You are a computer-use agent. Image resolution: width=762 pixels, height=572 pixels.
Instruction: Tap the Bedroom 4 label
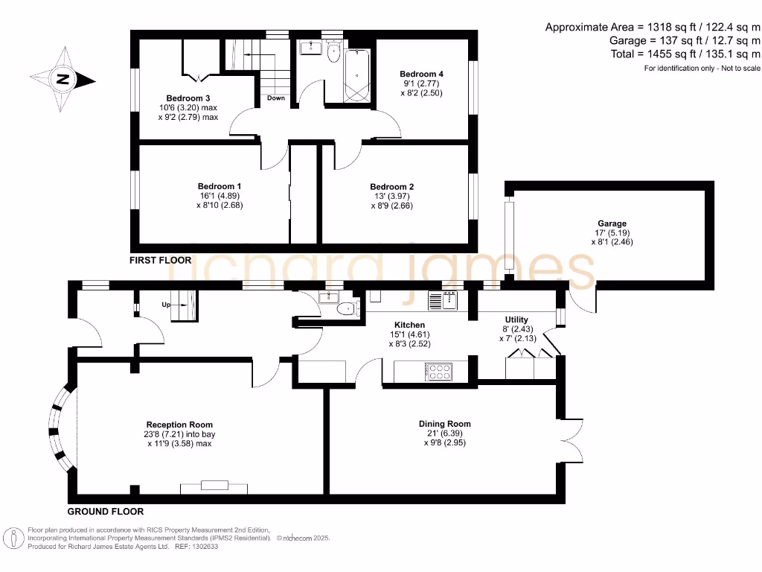point(421,74)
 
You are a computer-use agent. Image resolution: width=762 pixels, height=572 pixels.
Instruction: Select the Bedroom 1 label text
point(219,186)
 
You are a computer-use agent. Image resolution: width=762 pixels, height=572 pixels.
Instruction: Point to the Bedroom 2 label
point(391,187)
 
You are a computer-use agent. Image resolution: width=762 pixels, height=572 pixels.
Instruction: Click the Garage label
point(612,223)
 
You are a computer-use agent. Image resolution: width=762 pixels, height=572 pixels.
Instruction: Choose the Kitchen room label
point(409,325)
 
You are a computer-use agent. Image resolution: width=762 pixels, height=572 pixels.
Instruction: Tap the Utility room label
point(516,320)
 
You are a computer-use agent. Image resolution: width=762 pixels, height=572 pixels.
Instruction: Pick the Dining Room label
point(445,424)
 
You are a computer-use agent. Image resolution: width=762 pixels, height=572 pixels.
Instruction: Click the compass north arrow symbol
point(63,78)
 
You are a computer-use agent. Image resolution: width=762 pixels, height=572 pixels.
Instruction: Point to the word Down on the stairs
point(275,98)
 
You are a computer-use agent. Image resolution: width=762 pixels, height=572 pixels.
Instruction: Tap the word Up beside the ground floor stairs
point(167,305)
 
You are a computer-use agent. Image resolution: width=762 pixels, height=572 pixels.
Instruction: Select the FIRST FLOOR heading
point(160,261)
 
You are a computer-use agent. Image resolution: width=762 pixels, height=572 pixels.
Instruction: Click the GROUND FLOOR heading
point(105,512)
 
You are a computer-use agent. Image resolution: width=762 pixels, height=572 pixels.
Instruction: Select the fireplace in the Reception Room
point(214,486)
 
